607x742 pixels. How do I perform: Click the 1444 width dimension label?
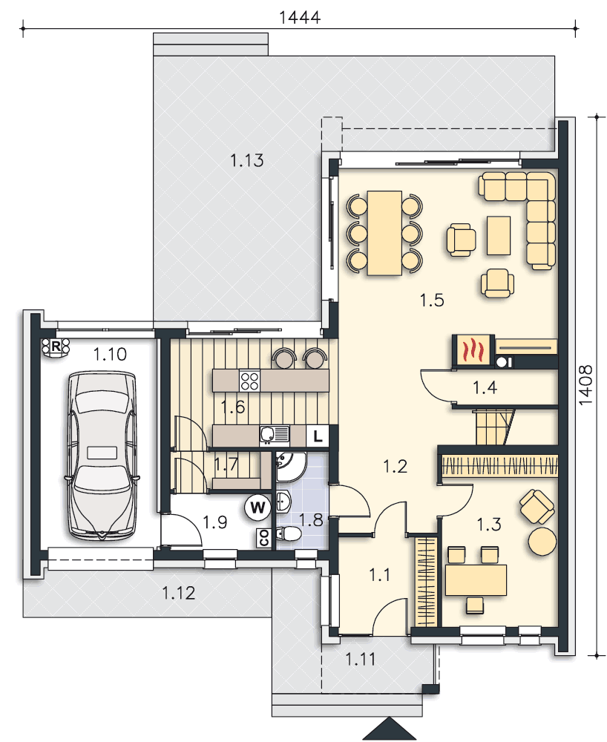pyautogui.click(x=300, y=17)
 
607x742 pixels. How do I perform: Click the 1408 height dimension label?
pyautogui.click(x=585, y=384)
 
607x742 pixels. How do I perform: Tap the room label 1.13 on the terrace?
pyautogui.click(x=246, y=160)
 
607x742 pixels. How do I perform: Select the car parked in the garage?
pyautogui.click(x=102, y=456)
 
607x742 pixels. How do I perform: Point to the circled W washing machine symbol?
pyautogui.click(x=257, y=508)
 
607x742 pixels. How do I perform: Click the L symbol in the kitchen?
pyautogui.click(x=318, y=436)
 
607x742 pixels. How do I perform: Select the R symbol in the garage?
pyautogui.click(x=56, y=347)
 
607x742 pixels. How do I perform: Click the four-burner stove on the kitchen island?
pyautogui.click(x=249, y=381)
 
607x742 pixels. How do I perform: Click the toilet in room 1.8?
pyautogui.click(x=289, y=533)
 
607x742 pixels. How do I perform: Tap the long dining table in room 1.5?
pyautogui.click(x=384, y=233)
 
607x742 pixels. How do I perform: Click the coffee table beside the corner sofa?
pyautogui.click(x=499, y=235)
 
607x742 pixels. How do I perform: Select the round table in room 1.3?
pyautogui.click(x=542, y=541)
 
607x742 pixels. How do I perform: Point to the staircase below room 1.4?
pyautogui.click(x=494, y=427)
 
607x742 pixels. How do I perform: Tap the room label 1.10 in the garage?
pyautogui.click(x=110, y=354)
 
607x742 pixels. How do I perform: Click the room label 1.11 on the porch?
pyautogui.click(x=360, y=659)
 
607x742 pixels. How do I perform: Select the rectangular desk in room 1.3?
pyautogui.click(x=476, y=580)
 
